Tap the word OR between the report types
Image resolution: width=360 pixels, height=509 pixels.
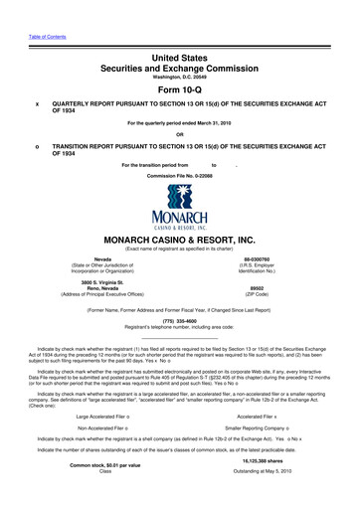click(x=180, y=134)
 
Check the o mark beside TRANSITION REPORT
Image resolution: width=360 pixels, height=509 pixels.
click(x=37, y=144)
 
